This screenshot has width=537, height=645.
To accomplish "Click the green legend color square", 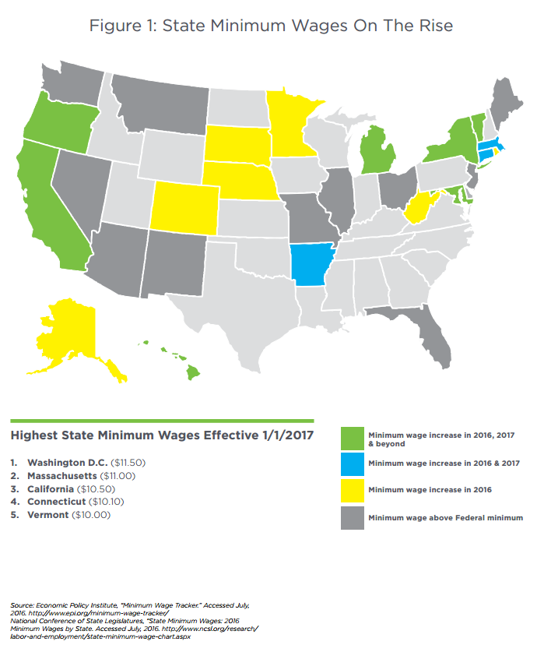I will tap(353, 438).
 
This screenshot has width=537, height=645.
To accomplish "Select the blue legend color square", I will tap(353, 464).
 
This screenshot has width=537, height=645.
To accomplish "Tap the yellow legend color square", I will tap(353, 492).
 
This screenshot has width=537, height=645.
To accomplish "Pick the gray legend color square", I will tap(353, 518).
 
